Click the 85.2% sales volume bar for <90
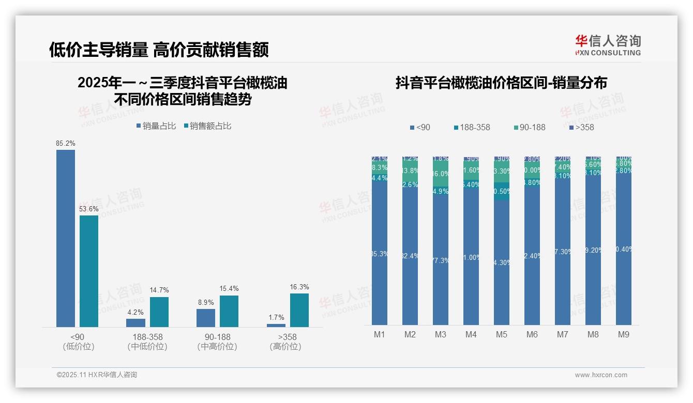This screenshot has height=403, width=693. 66,238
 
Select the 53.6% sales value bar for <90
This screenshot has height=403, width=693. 89,271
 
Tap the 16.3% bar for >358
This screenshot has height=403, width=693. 299,310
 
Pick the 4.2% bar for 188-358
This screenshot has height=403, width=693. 135,322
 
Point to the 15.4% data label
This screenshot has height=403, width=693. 229,289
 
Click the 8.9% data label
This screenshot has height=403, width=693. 205,302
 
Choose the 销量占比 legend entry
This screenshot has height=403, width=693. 156,126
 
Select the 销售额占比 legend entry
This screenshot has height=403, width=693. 207,126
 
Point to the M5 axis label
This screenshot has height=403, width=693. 502,334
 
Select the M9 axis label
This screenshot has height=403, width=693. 624,334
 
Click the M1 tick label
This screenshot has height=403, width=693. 380,334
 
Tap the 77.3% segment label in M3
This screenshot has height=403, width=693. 441,261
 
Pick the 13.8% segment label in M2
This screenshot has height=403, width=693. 410,171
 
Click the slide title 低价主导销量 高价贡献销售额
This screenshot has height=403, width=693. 159,50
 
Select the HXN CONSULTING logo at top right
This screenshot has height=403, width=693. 608,45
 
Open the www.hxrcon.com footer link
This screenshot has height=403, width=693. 601,375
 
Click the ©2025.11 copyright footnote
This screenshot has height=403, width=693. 97,375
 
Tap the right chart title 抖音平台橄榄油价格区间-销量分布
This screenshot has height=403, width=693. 501,83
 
